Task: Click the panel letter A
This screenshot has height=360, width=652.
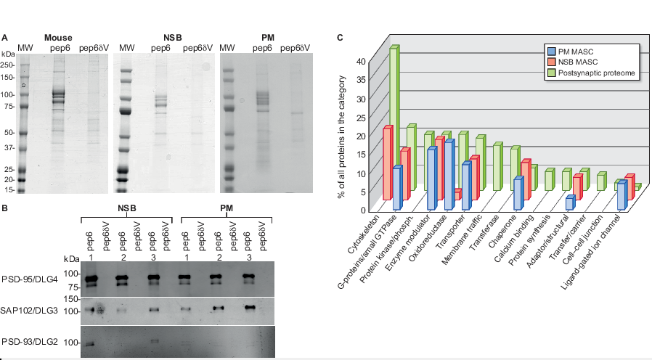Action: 5,38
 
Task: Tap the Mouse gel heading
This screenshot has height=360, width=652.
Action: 57,38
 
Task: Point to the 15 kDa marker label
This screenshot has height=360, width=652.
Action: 9,189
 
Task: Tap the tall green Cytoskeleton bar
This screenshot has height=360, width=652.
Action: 393,116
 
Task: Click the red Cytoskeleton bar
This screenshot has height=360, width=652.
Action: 388,163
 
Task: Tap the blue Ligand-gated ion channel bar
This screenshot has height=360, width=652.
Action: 621,196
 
